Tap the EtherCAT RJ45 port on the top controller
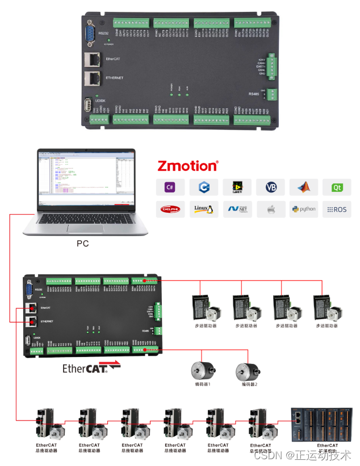(91, 59)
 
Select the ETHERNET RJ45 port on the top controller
(91, 78)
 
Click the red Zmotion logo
(187, 166)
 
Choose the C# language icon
(170, 187)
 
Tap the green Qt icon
(337, 187)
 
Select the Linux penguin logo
(203, 209)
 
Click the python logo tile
(304, 209)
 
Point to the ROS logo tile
(337, 209)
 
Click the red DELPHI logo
(170, 209)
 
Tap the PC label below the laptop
(83, 244)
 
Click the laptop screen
(86, 178)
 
